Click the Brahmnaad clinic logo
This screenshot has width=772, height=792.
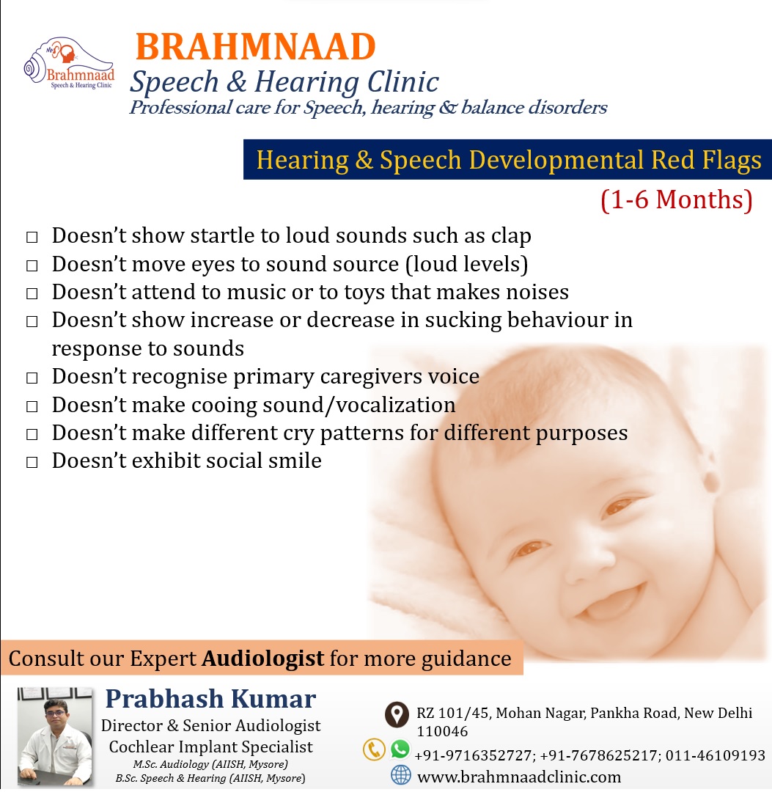[69, 64]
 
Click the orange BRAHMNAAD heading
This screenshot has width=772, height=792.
[255, 46]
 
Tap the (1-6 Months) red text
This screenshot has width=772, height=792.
[677, 199]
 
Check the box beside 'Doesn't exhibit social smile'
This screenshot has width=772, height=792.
[32, 462]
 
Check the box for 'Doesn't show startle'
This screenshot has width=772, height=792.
[32, 237]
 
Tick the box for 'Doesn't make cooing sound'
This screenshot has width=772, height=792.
[32, 406]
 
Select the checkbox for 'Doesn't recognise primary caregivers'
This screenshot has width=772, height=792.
[32, 378]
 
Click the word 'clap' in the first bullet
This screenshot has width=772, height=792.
[512, 236]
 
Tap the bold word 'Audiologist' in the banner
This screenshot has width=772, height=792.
[262, 658]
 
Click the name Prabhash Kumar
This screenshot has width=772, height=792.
[210, 699]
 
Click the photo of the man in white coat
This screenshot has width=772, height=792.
[54, 736]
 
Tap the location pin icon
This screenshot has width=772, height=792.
[397, 715]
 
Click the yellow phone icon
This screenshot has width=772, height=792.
[374, 749]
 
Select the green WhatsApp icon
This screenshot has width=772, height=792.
[400, 749]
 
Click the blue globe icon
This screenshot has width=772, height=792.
[401, 775]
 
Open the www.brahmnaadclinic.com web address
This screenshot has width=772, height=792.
[519, 777]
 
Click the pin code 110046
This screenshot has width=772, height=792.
[442, 731]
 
